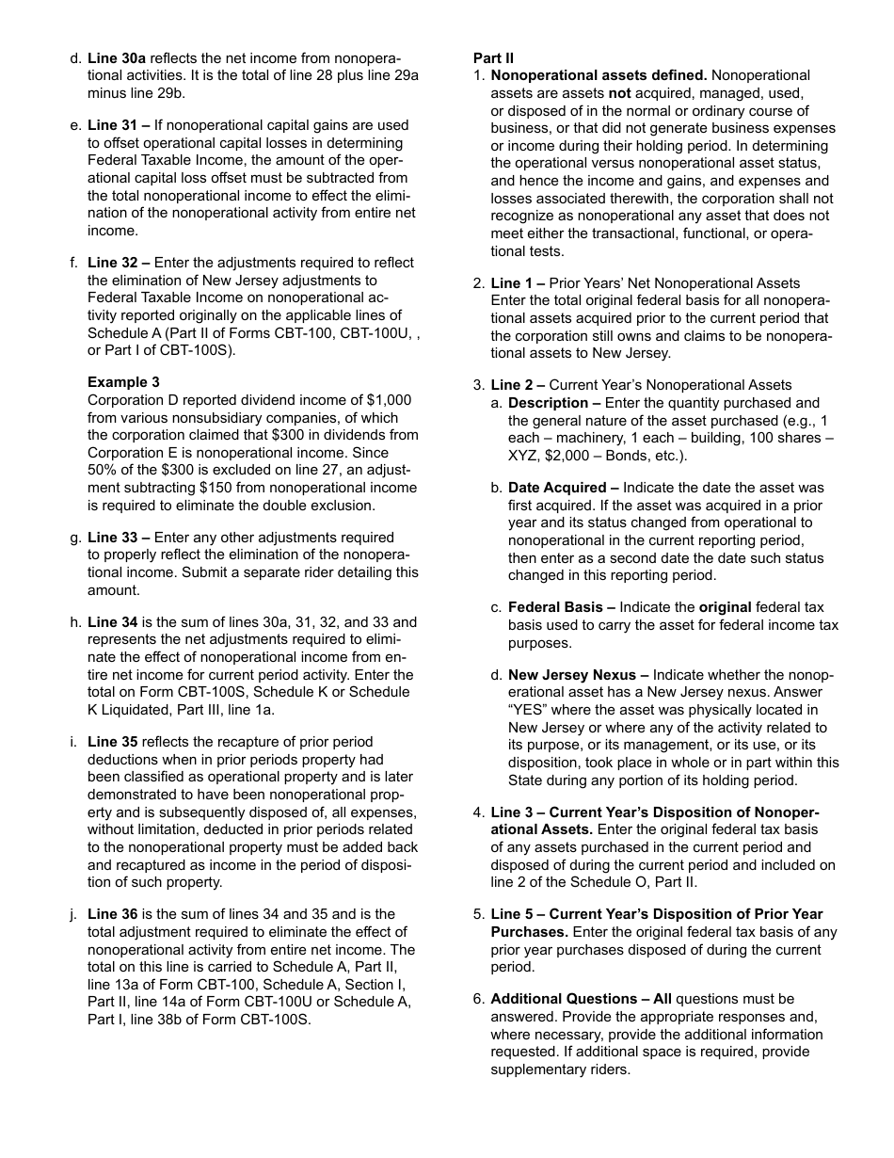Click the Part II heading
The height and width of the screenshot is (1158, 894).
(x=493, y=58)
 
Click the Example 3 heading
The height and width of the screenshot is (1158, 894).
(x=123, y=382)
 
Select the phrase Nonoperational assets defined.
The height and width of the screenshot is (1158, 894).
(x=599, y=75)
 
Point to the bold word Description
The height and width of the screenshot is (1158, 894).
(x=548, y=403)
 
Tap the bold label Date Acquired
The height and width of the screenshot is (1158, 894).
(x=557, y=488)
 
